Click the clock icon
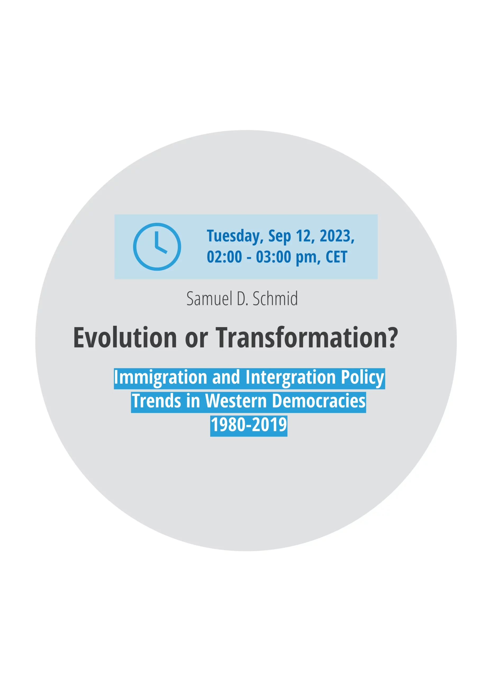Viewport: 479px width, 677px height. (x=157, y=247)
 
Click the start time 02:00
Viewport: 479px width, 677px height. (x=224, y=257)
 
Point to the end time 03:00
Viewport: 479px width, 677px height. (x=274, y=257)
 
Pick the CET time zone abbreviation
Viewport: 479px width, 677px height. (x=336, y=257)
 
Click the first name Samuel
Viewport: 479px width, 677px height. (x=210, y=298)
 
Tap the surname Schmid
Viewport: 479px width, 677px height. (x=275, y=298)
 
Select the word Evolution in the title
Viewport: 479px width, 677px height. (x=125, y=337)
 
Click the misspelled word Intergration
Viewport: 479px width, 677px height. (x=291, y=378)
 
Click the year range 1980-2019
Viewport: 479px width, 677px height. (x=249, y=425)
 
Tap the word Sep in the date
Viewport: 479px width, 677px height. (x=279, y=236)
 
